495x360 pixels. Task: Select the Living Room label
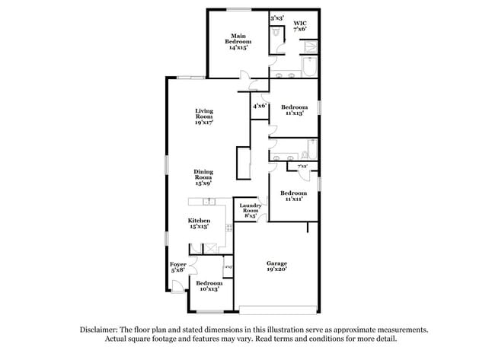pos(203,116)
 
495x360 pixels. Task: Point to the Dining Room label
pos(202,177)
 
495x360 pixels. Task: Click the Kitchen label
pos(199,223)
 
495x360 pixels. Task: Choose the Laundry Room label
pos(251,210)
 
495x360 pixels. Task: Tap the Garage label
pos(276,266)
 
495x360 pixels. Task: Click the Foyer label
pos(177,267)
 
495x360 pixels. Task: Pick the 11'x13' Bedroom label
pos(294,110)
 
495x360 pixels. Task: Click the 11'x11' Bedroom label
pos(294,196)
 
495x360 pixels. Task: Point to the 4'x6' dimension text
pos(259,106)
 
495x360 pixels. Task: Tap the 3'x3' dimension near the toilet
pos(276,18)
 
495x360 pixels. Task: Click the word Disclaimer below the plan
pos(102,330)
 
